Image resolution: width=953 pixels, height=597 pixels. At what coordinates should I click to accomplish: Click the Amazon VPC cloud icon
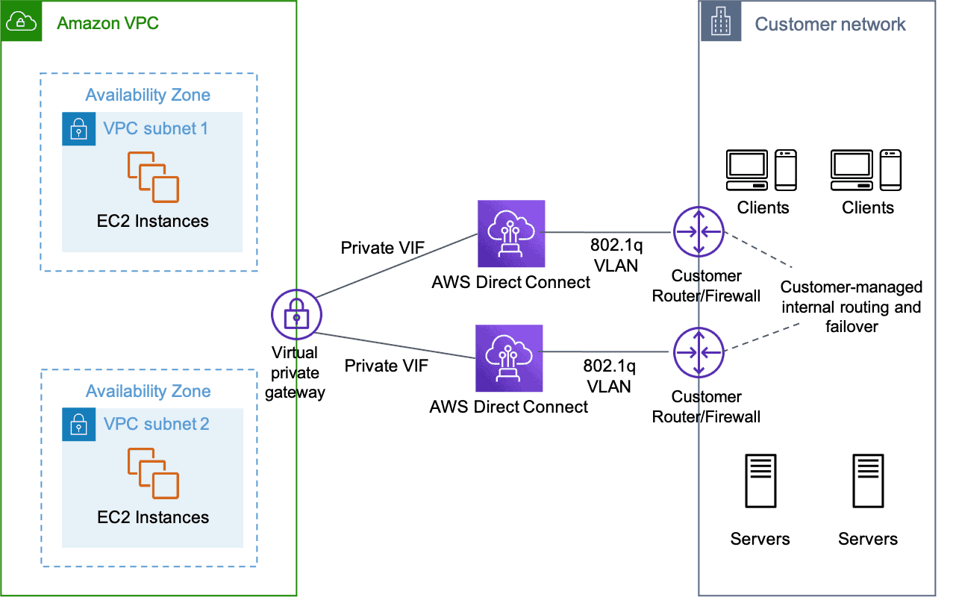click(22, 22)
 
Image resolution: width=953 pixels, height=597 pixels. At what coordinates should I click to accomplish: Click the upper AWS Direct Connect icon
click(511, 234)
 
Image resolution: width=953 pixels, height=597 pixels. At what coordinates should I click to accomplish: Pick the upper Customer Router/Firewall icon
click(699, 232)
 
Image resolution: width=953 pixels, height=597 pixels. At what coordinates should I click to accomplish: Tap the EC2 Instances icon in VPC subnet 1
click(152, 177)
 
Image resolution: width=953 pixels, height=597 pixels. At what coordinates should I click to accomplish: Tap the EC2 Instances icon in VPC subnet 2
click(152, 473)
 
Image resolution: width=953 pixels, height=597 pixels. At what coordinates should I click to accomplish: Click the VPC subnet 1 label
click(156, 128)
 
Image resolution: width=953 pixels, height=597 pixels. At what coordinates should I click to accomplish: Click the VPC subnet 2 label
click(156, 425)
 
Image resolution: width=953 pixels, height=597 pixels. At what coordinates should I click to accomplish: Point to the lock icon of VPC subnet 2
click(78, 425)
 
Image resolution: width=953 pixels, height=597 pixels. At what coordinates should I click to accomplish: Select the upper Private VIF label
click(382, 248)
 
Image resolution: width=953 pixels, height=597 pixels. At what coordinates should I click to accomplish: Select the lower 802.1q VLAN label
click(609, 376)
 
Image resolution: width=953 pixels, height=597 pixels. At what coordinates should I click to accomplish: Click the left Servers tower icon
click(760, 481)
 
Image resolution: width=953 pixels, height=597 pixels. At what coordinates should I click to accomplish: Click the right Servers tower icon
click(868, 481)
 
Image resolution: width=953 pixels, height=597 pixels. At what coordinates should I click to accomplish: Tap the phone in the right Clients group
click(890, 169)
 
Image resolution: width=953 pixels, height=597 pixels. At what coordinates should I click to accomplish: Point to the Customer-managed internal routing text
click(852, 307)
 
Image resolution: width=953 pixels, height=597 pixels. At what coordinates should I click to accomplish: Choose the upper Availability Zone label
click(148, 96)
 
